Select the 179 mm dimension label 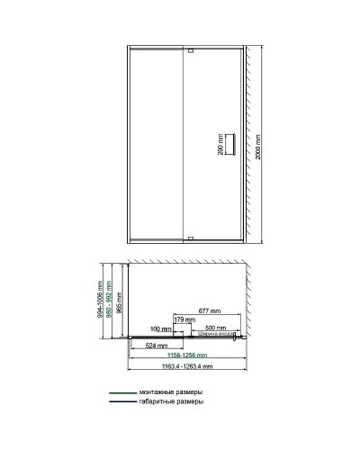tap(184, 319)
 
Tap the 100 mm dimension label tap(162, 329)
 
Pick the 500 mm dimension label tap(216, 329)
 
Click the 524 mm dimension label tap(157, 346)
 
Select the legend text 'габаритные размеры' tap(170, 403)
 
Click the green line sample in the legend tap(121, 393)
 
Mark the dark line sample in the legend tap(121, 403)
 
